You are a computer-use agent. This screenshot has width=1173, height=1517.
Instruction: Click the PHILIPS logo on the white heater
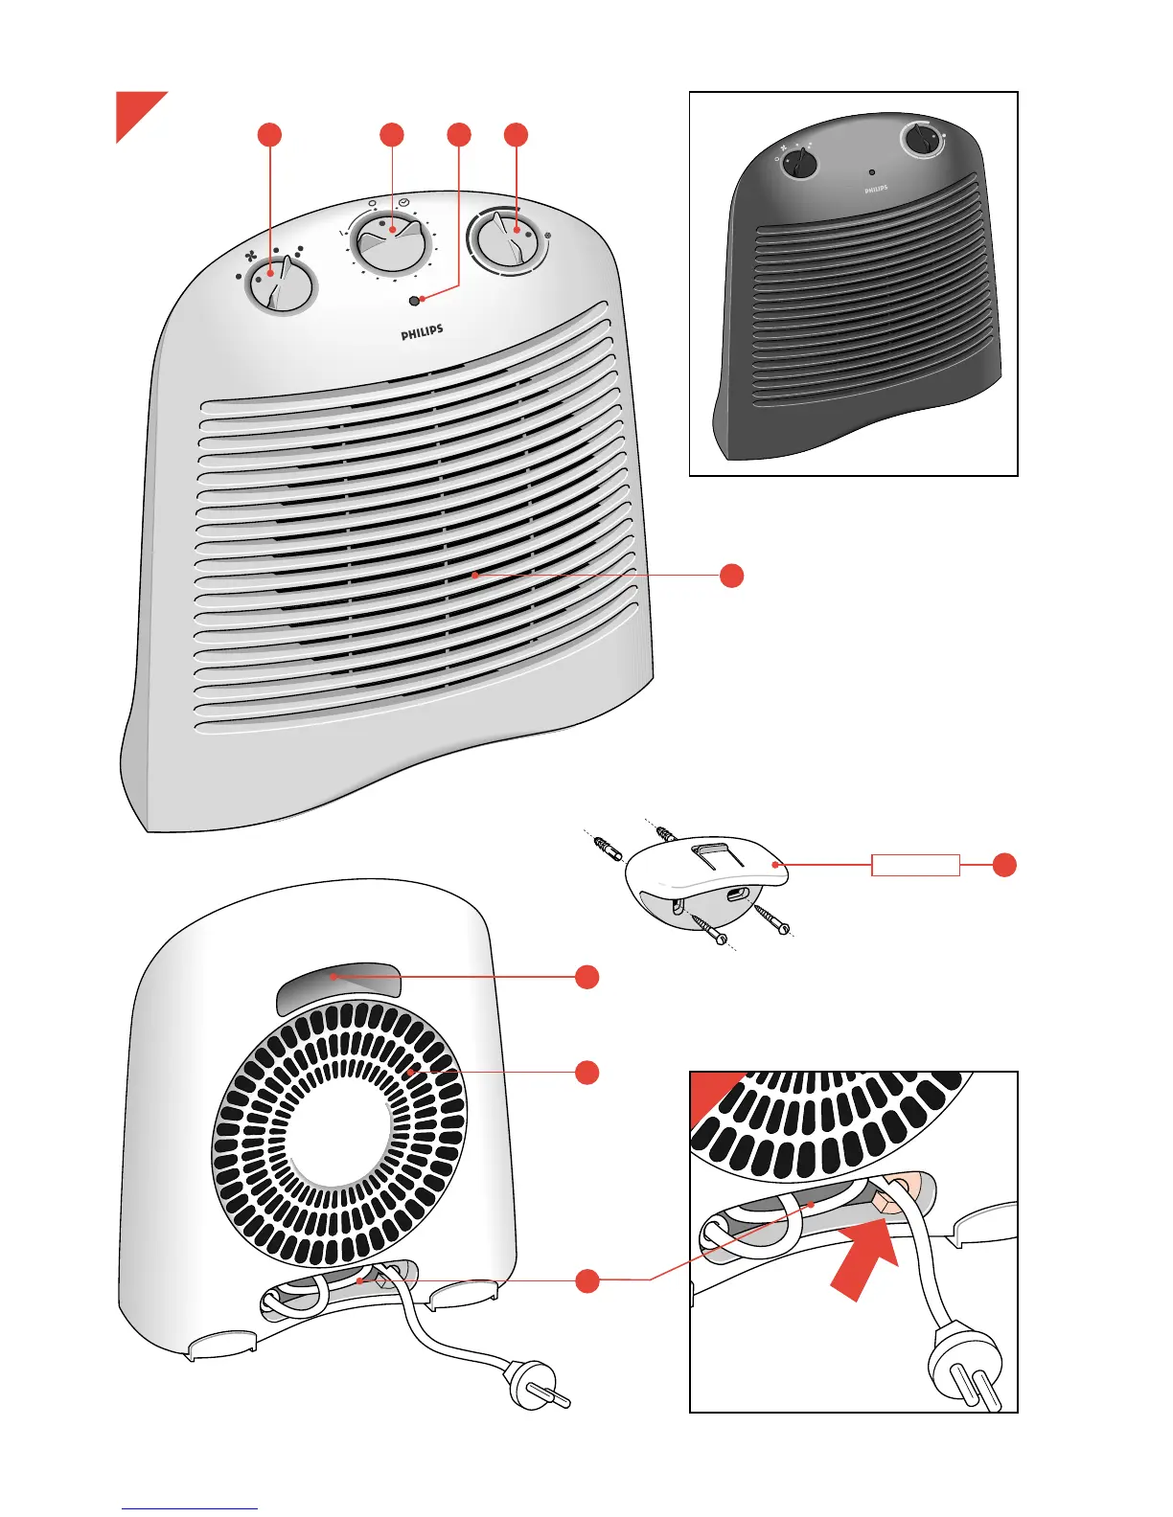pos(422,332)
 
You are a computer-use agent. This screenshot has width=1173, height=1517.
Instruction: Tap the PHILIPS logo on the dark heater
pos(876,190)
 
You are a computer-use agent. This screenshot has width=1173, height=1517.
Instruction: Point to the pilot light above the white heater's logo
pos(414,301)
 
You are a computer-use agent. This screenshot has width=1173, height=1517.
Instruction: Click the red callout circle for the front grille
pos(731,576)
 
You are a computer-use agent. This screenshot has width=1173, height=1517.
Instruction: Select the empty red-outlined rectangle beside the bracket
pos(915,865)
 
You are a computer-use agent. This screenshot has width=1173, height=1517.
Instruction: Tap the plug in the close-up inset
pos(969,1370)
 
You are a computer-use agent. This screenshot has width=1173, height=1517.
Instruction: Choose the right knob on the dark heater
pos(922,141)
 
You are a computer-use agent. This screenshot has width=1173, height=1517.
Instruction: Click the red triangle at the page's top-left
pos(133,109)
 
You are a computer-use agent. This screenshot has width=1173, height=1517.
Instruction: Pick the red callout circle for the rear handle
pos(587,977)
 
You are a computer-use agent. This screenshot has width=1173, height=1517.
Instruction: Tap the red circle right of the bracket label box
pos(1003,865)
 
